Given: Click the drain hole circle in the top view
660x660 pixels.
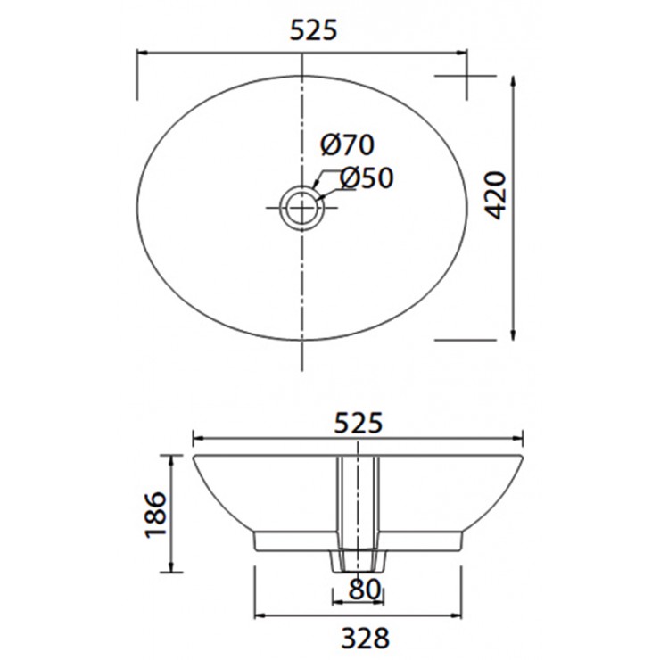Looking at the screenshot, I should click(303, 207).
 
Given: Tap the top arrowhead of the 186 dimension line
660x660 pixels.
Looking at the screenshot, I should click(172, 458).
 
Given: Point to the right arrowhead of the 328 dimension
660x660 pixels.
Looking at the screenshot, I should click(458, 616).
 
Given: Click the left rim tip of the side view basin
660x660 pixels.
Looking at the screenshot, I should click(195, 457).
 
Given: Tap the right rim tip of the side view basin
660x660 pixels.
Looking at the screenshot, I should click(522, 457).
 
